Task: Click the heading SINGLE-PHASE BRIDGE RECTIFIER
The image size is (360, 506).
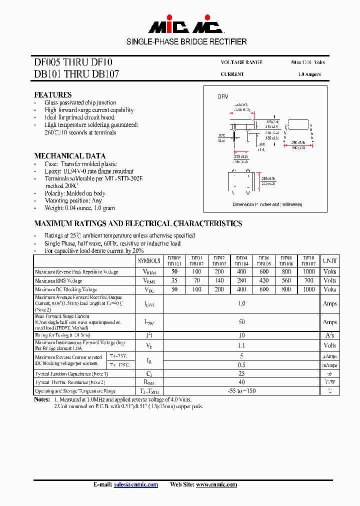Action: click(186, 41)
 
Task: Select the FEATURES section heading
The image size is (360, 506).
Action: click(52, 94)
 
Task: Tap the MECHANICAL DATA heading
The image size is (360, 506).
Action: click(69, 155)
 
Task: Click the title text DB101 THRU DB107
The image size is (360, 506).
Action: click(76, 74)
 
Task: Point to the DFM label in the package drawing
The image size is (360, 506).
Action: click(222, 96)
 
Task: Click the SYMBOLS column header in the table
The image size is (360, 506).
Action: click(149, 260)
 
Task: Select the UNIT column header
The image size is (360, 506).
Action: click(329, 260)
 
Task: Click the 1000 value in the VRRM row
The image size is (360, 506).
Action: click(308, 271)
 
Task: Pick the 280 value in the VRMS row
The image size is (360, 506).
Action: click(241, 280)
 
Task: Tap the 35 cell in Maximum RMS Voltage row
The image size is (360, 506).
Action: click(174, 280)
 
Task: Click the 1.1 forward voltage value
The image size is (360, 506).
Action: click(241, 345)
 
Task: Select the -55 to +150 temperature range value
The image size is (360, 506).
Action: click(241, 390)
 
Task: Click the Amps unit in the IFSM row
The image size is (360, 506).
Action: click(329, 322)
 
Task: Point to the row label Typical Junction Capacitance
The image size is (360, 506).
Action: click(71, 374)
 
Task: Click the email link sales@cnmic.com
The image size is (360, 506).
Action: click(136, 484)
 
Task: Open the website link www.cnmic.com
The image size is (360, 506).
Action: click(216, 484)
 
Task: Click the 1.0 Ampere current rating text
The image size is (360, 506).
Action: click(309, 74)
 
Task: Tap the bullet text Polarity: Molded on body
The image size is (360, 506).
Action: click(75, 193)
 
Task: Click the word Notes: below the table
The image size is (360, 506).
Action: click(42, 399)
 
